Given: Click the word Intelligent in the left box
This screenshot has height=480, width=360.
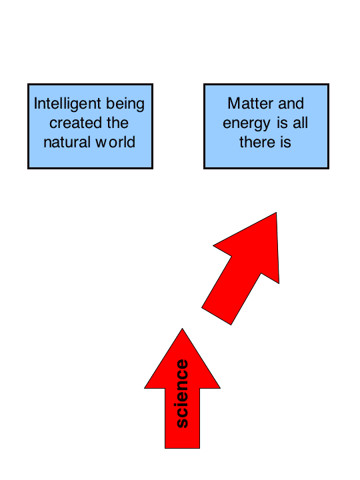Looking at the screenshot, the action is tap(67, 104).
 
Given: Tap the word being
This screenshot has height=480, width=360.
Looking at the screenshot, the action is tap(125, 104).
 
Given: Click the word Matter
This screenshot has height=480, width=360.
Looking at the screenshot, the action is tap(251, 103).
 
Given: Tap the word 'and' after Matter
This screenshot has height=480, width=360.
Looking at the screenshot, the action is tap(291, 103).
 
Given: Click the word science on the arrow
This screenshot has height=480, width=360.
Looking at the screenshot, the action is tap(183, 394).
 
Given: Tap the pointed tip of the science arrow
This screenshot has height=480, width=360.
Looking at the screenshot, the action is tap(183, 329).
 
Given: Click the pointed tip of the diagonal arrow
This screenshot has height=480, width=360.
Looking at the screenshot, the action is tap(276, 213).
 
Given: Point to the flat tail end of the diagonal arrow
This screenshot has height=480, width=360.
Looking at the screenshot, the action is tap(216, 316).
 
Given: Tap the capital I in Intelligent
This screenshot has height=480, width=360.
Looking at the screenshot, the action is tap(35, 103).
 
